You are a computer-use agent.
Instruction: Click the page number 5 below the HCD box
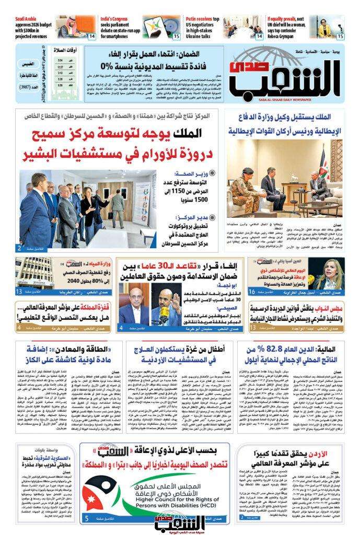tap(86, 519)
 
